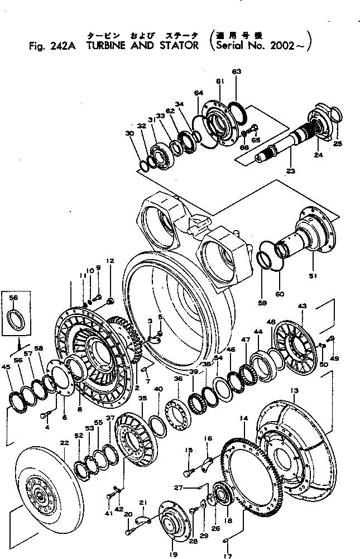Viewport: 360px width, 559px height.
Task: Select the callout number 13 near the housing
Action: point(295,389)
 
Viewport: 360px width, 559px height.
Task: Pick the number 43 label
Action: point(302,306)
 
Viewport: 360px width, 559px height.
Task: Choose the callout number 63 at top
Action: point(237,71)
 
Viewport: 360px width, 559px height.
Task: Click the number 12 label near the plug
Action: point(110,261)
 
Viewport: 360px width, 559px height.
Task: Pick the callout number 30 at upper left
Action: point(129,133)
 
